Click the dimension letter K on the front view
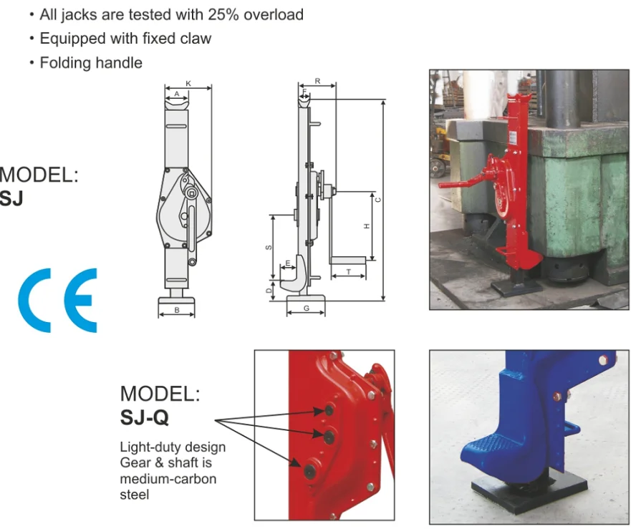(188, 84)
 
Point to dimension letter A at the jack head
(176, 94)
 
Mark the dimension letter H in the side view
(367, 226)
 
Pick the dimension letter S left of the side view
(269, 248)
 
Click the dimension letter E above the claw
(287, 263)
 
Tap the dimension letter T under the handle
(348, 272)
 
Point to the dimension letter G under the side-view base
(306, 309)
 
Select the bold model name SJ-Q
(145, 416)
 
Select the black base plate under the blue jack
(530, 501)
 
